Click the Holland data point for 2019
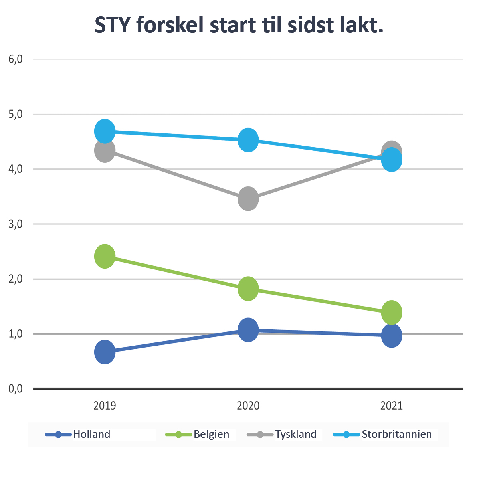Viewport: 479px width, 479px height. click(x=105, y=352)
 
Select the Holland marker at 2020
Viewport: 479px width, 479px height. click(x=248, y=330)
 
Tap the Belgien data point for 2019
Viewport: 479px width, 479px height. click(x=105, y=256)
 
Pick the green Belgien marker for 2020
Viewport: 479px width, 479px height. click(x=248, y=289)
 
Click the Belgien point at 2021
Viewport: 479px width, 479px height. click(x=392, y=312)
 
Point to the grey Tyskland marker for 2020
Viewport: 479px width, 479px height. click(x=248, y=198)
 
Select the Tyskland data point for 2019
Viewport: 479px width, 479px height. click(x=105, y=150)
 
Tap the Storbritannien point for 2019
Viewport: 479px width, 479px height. click(x=105, y=131)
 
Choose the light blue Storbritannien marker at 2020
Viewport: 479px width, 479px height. click(x=248, y=140)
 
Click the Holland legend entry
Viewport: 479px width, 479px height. click(x=91, y=434)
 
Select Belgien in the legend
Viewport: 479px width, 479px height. click(x=211, y=434)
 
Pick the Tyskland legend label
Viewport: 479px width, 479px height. click(x=295, y=434)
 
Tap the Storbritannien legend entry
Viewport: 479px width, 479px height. click(x=396, y=434)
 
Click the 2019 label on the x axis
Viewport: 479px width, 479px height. click(x=105, y=406)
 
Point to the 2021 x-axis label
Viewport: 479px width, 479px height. click(x=392, y=406)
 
